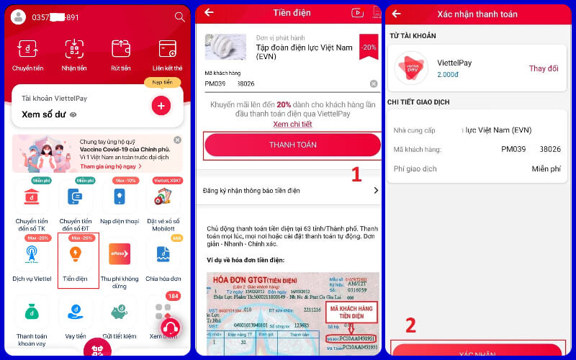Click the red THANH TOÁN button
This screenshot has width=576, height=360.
pos(292,145)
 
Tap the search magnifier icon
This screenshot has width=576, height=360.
pos(179,17)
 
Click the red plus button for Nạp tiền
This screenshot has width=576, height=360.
pos(161,106)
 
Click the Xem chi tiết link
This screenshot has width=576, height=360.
pos(292,124)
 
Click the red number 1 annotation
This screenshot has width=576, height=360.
pos(356,174)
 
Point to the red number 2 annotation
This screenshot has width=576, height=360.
pos(410,325)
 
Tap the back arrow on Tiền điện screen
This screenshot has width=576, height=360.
pos(209,12)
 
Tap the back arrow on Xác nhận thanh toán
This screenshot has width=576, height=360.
pos(396,13)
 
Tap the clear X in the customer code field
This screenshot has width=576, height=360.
pos(374,84)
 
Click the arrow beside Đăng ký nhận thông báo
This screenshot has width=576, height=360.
pos(375,190)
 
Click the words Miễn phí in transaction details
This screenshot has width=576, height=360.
pos(545,168)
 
